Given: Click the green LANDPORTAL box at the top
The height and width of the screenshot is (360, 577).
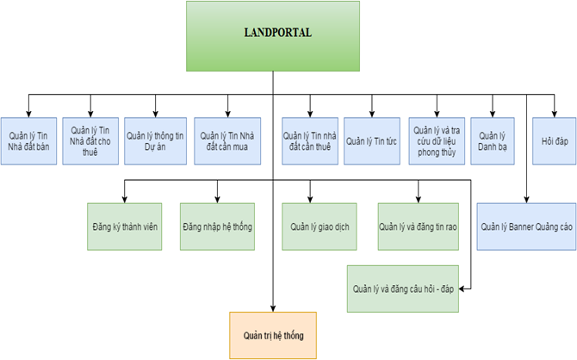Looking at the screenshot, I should (x=274, y=35).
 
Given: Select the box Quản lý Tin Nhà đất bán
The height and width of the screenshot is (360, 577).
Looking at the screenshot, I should (x=28, y=140).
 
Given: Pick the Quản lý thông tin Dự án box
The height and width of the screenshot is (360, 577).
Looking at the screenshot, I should (x=154, y=140).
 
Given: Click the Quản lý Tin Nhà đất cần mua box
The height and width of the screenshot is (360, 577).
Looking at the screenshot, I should (x=227, y=140).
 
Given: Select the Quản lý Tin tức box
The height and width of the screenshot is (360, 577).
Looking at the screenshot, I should (x=372, y=140).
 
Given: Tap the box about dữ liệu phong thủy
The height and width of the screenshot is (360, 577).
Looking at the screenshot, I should (x=436, y=140).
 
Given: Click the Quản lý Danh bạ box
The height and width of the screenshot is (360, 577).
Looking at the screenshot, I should (x=493, y=140).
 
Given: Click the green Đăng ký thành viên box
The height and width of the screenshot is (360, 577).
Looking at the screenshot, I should (x=125, y=227).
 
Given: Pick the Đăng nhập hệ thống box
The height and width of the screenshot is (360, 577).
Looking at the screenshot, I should (x=216, y=227).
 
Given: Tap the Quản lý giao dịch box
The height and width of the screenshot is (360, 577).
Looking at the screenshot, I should (x=319, y=227).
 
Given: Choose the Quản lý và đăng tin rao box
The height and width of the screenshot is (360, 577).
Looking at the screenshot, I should (x=418, y=227).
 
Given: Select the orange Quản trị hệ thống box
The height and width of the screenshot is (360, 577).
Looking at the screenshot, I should (x=274, y=335).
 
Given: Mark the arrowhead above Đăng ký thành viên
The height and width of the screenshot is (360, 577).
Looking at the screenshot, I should (x=125, y=197).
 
